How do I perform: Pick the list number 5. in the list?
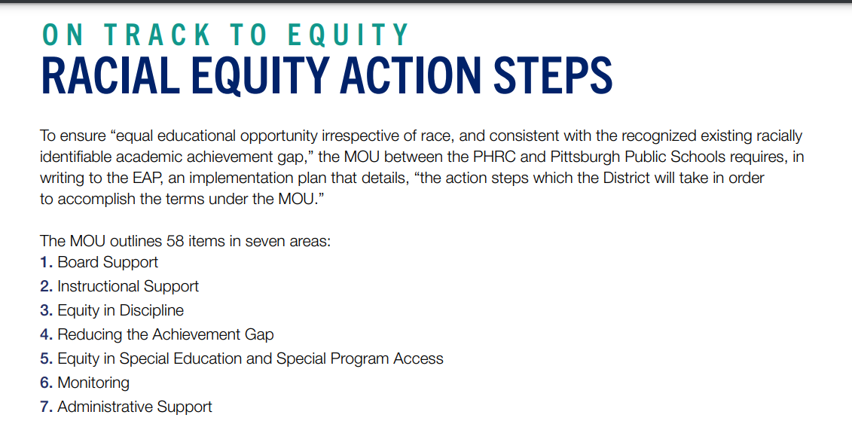point(47,359)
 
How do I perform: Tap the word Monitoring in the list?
point(93,383)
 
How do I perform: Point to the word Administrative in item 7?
point(105,407)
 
